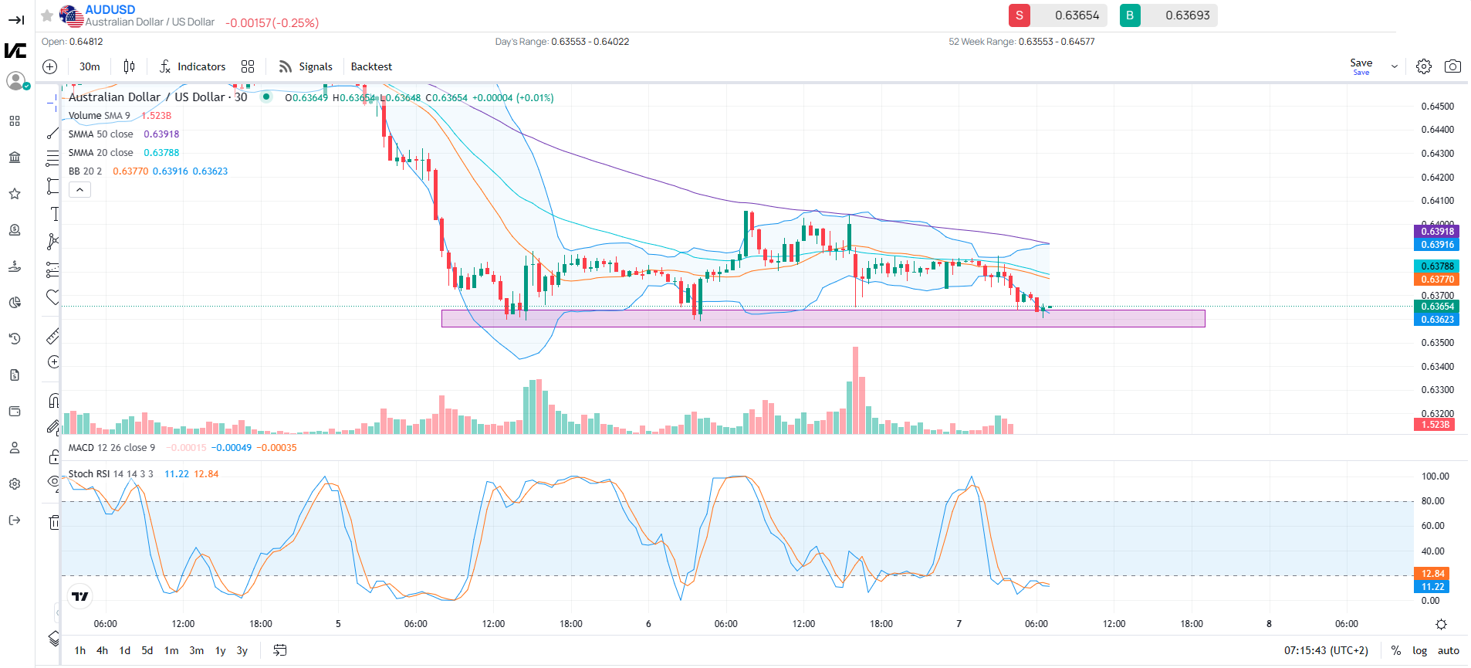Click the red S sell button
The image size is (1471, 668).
point(1019,15)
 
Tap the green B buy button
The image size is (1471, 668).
point(1130,15)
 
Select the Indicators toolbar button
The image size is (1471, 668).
point(193,67)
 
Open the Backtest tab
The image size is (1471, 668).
point(371,67)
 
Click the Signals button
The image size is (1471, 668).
point(306,67)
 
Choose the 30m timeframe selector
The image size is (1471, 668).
point(90,67)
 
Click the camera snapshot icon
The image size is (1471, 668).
point(1452,66)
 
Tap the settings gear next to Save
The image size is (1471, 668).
point(1424,66)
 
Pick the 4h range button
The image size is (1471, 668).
point(102,650)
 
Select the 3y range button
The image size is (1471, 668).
point(242,650)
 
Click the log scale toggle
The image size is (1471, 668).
point(1419,650)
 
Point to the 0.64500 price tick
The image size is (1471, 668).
point(1437,107)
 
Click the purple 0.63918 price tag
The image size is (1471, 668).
point(1437,232)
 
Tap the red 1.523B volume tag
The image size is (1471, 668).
point(1435,425)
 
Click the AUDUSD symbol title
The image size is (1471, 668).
point(110,9)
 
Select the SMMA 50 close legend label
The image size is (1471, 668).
point(100,134)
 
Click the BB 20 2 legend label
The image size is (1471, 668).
point(85,171)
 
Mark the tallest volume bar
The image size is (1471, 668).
point(855,390)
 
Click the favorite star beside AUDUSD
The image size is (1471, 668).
point(47,15)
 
